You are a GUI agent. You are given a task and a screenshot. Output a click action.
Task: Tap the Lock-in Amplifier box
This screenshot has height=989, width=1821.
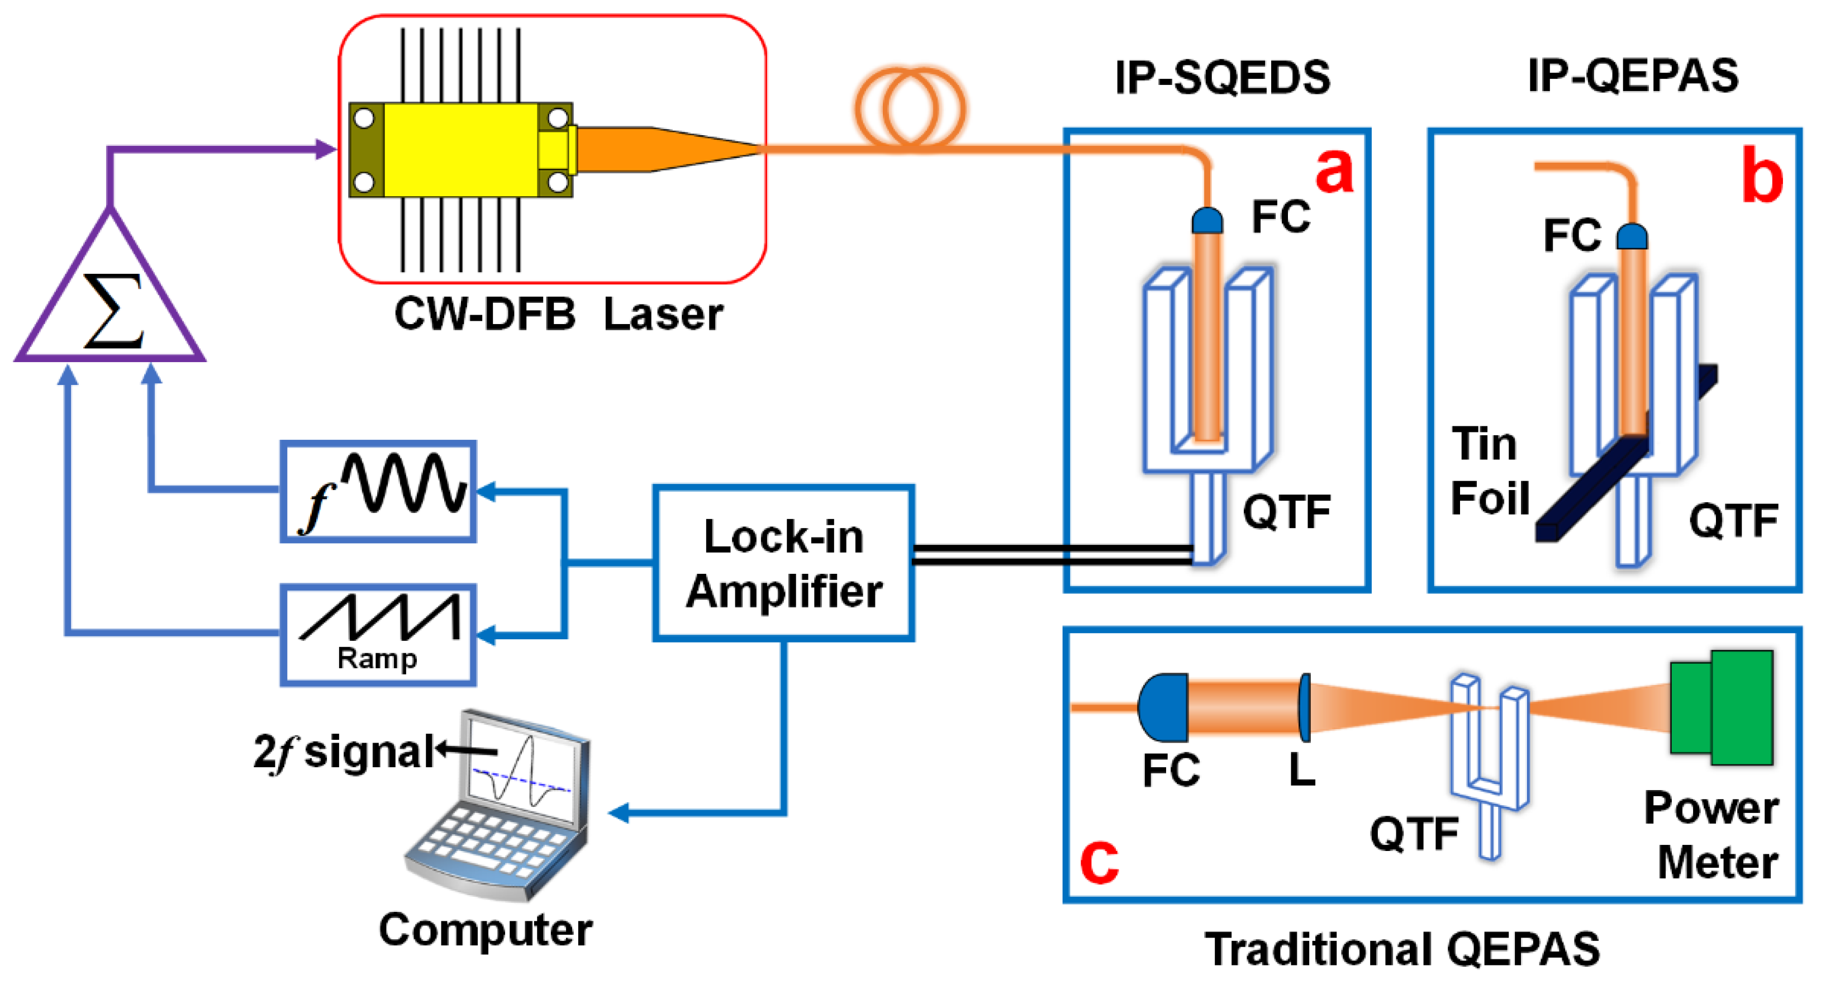[x=783, y=563]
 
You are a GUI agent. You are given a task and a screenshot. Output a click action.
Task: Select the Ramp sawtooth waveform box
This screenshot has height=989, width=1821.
[x=378, y=634]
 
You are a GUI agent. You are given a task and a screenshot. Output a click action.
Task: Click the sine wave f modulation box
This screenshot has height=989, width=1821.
[x=378, y=491]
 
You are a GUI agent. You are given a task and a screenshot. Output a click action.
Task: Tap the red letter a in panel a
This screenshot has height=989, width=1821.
[x=1333, y=171]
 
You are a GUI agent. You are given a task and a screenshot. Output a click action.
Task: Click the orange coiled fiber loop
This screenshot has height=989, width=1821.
[x=910, y=110]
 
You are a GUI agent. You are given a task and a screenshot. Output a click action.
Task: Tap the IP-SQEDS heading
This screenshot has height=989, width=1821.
[x=1221, y=78]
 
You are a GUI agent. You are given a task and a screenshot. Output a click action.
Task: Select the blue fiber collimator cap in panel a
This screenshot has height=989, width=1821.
[x=1207, y=221]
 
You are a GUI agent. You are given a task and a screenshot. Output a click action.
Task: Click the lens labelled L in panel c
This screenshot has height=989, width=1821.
[x=1304, y=707]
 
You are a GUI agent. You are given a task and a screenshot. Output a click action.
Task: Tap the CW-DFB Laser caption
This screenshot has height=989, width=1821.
[x=558, y=315]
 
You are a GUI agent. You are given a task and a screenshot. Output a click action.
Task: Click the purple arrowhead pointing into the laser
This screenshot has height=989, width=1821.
[x=326, y=149]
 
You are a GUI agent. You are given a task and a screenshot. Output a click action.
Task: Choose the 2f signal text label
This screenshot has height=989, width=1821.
[x=344, y=752]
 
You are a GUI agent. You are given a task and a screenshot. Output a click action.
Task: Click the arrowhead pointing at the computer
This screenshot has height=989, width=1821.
[x=618, y=814]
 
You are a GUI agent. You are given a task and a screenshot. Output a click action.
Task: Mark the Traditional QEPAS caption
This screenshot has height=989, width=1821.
[x=1402, y=949]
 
